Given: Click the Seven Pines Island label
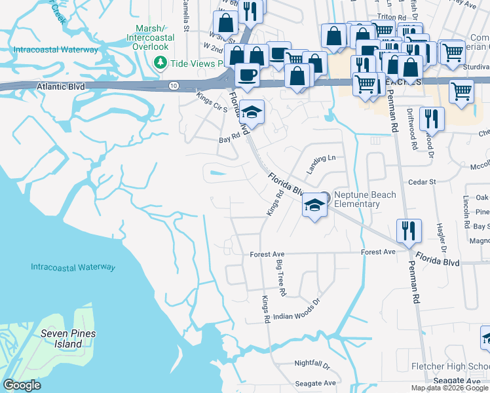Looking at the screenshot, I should point(68,339).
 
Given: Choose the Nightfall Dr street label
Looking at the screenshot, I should point(312,363).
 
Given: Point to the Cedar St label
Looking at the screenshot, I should point(422,181).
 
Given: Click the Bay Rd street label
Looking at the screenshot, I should point(226,140).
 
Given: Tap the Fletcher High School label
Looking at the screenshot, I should point(450,366).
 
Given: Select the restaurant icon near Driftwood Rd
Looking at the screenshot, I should point(432,119).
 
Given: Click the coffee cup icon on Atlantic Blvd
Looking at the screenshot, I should point(248,75).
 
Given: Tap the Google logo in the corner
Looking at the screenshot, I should point(22,385).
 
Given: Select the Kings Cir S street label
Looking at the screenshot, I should point(212,102).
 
